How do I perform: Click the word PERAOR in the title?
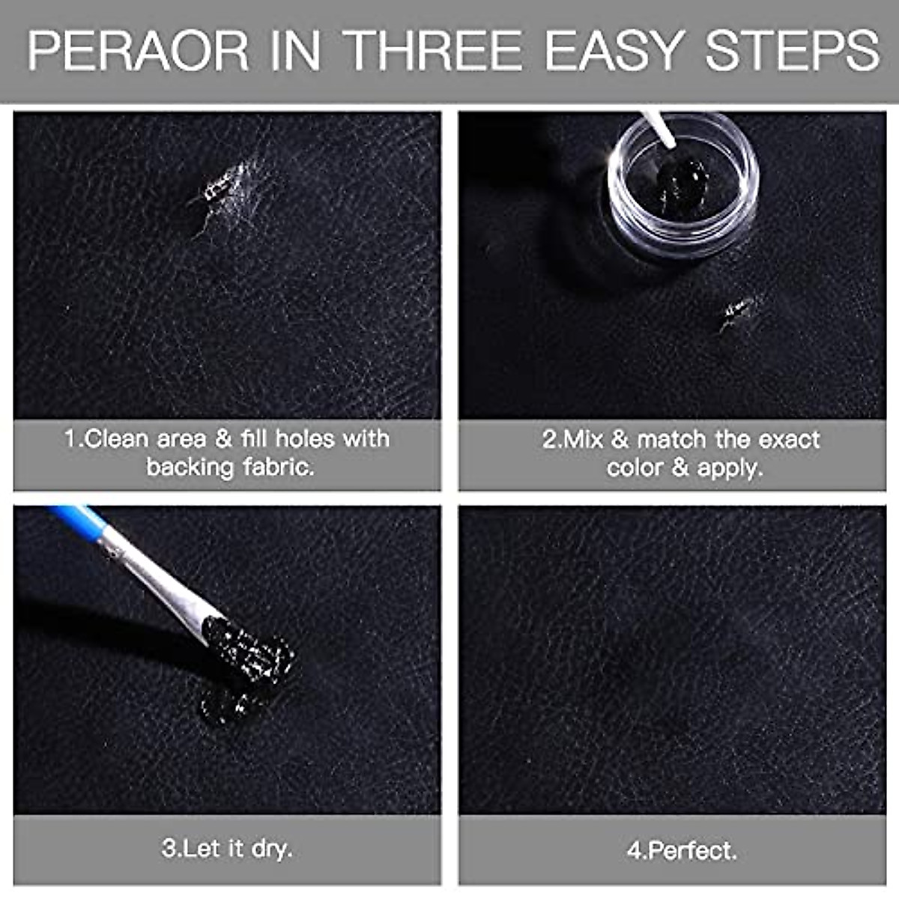click(138, 51)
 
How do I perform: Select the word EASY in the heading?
click(612, 51)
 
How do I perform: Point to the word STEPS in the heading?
click(792, 51)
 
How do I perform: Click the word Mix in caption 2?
click(583, 439)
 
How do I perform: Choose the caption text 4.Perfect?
click(682, 850)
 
